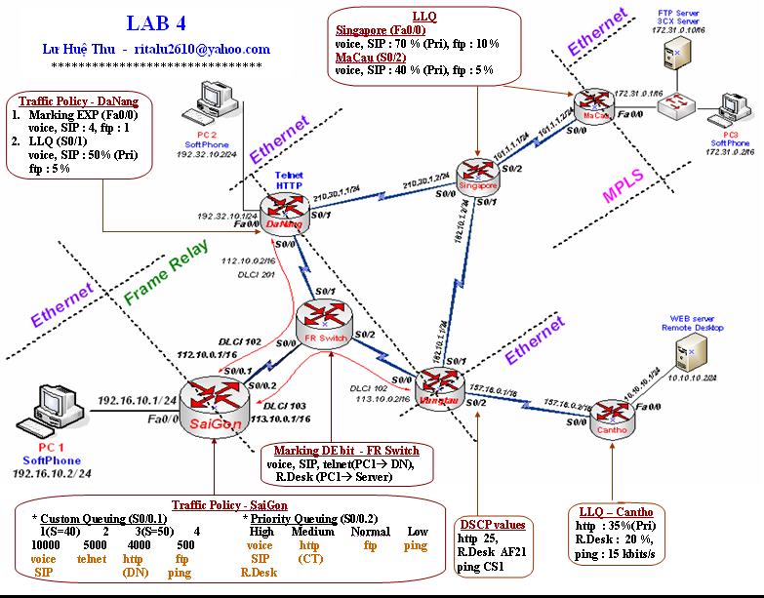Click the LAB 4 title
pyautogui.click(x=159, y=22)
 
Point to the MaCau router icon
pyautogui.click(x=591, y=104)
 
